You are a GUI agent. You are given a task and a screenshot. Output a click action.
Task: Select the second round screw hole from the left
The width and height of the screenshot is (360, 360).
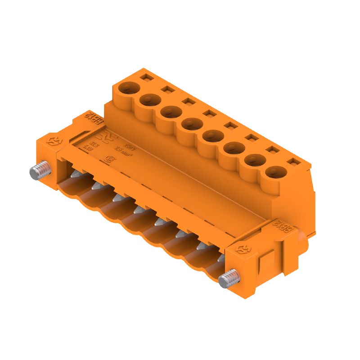click(x=148, y=99)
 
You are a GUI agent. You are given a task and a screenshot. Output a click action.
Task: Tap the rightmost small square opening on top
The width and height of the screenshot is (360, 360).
click(x=293, y=161)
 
